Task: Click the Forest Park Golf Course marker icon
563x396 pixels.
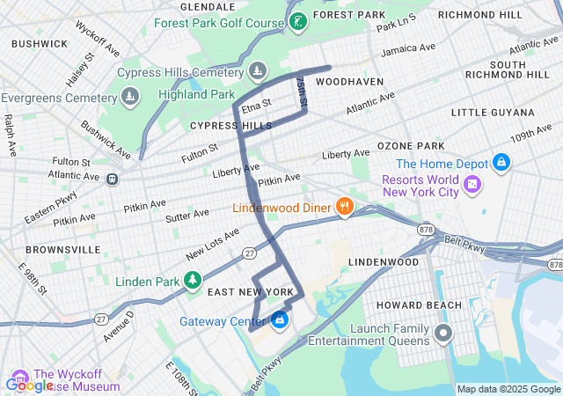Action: [298, 21]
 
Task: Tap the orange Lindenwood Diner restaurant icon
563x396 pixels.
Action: [345, 208]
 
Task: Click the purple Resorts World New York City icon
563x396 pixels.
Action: [473, 184]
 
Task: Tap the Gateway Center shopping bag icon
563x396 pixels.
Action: [280, 320]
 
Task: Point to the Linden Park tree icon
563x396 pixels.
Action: [192, 282]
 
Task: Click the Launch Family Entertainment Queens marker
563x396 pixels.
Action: [442, 334]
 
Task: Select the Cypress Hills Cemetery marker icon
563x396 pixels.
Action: [257, 70]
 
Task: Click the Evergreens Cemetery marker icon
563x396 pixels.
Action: [130, 97]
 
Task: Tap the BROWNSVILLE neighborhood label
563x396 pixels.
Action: [62, 250]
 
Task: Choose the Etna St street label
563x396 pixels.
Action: [256, 106]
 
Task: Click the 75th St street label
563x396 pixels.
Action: [301, 92]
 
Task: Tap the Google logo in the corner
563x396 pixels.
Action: [29, 385]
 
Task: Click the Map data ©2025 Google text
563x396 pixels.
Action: [508, 389]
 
